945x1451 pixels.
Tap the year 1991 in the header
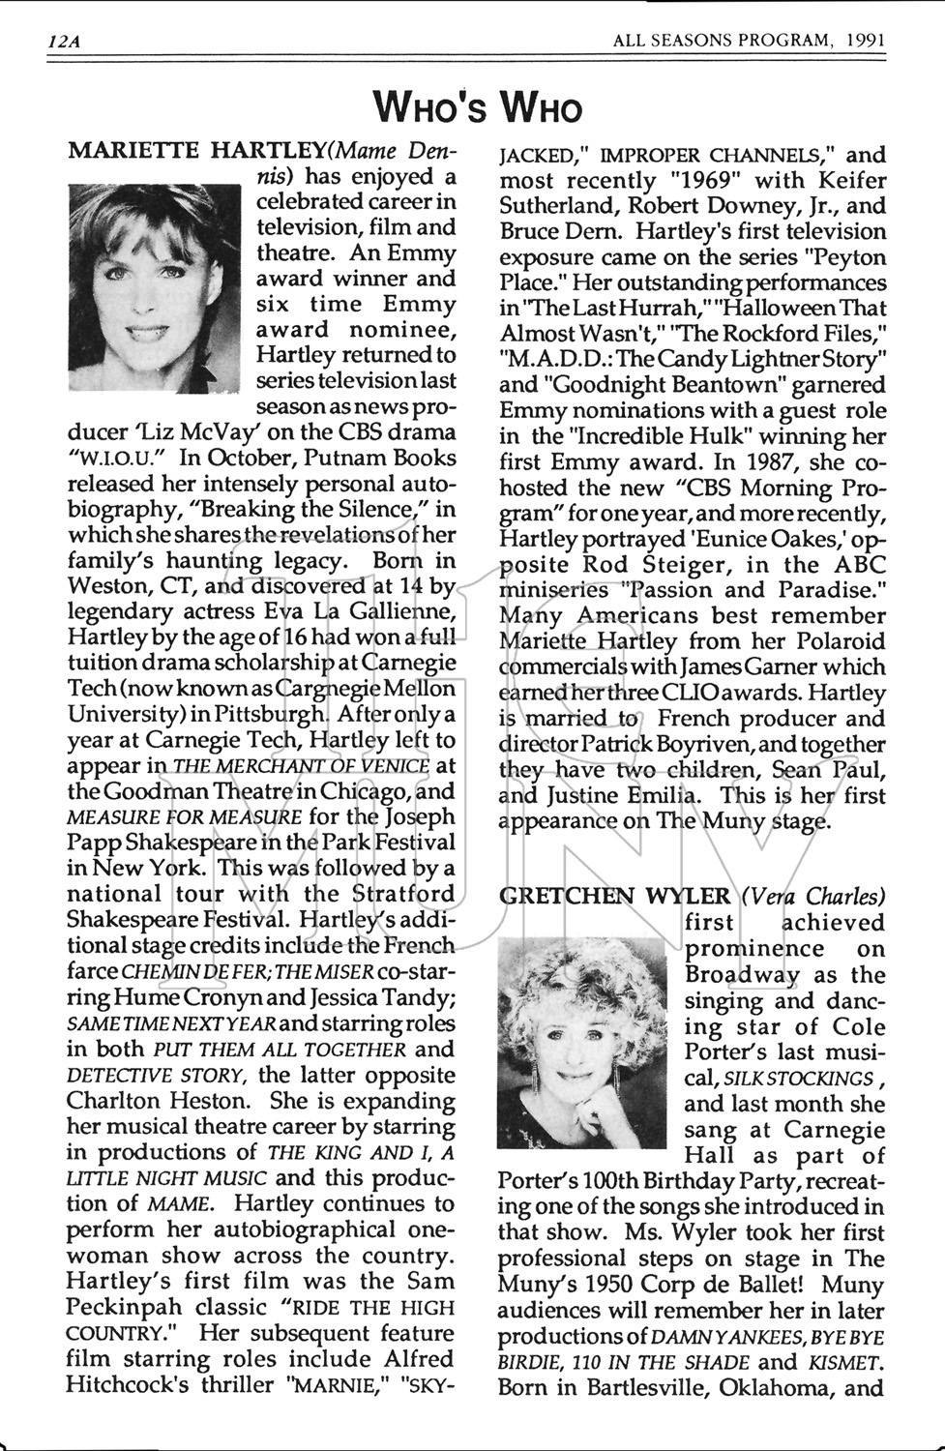[x=866, y=42]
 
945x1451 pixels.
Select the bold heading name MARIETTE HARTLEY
[x=197, y=152]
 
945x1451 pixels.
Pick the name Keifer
[x=840, y=180]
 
